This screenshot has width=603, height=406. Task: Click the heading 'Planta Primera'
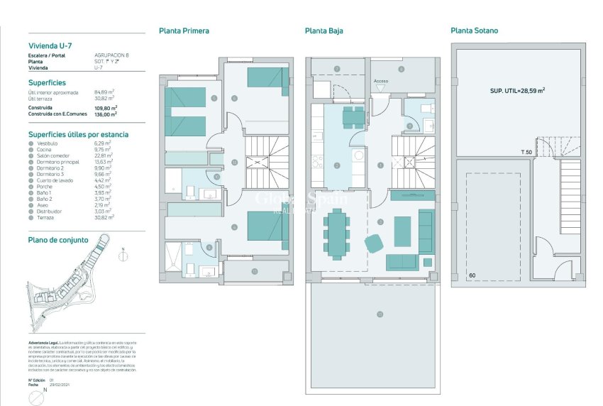[x=184, y=31]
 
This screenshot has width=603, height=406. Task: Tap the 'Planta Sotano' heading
[x=474, y=31]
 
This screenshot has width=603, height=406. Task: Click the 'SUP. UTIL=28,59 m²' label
[x=517, y=91]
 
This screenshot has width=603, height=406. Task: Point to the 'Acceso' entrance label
[x=381, y=81]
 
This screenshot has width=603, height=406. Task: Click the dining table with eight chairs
[x=336, y=232]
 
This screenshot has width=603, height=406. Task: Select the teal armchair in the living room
[x=374, y=243]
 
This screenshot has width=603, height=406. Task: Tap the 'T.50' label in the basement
[x=526, y=152]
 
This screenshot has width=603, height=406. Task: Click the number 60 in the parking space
[x=472, y=275]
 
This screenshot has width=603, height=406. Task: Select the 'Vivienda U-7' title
[x=50, y=45]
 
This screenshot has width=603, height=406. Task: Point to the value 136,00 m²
[x=106, y=114]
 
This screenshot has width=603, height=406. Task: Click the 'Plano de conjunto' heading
[x=58, y=240]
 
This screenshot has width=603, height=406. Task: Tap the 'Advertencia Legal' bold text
[x=43, y=341]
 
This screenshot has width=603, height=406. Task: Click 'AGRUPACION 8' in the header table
[x=111, y=55]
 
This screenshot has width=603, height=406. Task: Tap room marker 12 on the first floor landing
[x=235, y=162]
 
